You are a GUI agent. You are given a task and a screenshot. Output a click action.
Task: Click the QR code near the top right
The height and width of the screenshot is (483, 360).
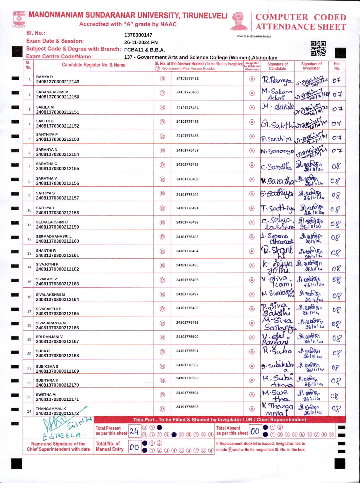point(318,48)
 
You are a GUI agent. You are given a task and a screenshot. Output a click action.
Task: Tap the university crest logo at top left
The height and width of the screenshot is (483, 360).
point(19,20)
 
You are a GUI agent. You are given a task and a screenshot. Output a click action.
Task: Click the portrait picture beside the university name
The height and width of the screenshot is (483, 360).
point(239,21)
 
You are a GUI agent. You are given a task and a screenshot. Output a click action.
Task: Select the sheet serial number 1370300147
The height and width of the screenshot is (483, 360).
point(138,35)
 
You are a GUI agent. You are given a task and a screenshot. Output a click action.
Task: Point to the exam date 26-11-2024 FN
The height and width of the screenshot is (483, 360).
point(141,42)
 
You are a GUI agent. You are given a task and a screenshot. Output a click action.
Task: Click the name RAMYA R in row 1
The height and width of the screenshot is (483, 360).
point(44,77)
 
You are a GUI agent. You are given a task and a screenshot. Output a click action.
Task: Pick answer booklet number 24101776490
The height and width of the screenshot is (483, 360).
point(187,194)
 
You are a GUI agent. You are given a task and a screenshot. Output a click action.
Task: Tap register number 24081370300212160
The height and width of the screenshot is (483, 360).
point(58,241)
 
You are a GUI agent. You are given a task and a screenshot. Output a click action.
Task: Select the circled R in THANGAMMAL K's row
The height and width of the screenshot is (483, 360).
point(162,409)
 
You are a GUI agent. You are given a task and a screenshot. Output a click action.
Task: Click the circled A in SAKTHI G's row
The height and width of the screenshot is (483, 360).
point(252,122)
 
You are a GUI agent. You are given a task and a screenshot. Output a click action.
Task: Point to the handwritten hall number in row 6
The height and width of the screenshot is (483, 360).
point(337,151)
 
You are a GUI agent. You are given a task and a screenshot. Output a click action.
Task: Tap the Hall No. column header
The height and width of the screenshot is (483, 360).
point(337,66)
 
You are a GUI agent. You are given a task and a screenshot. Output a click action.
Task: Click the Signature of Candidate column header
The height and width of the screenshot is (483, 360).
point(277,66)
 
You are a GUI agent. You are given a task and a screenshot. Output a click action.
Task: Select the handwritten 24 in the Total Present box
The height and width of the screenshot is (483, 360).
point(134,431)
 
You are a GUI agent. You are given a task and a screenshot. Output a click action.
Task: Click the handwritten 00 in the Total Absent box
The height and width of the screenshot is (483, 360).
point(255,431)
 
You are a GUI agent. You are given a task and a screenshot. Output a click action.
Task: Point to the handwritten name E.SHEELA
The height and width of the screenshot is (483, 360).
point(62,435)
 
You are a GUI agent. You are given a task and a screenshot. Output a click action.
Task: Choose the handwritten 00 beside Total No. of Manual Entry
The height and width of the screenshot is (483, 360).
point(134,447)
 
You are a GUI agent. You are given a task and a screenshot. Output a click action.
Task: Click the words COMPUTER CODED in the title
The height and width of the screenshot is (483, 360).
point(301,17)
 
